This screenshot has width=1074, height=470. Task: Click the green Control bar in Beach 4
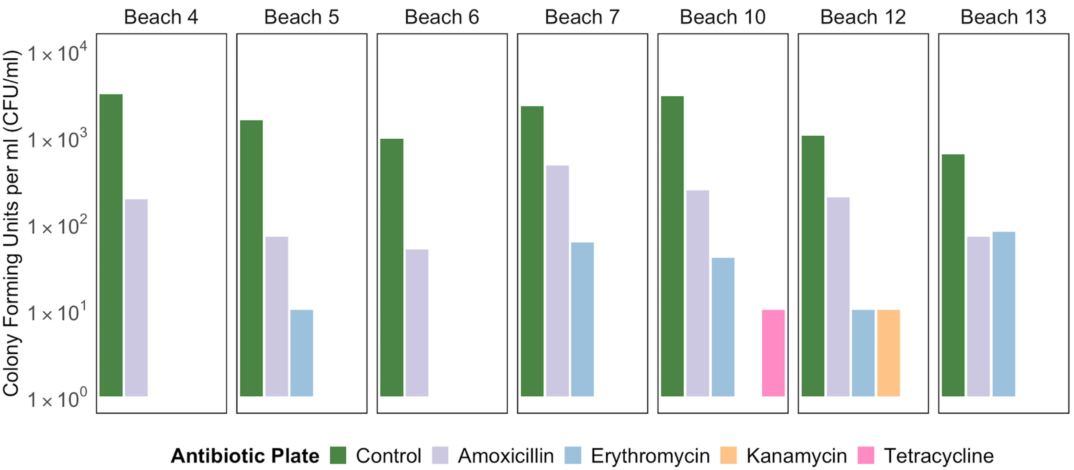(x=111, y=245)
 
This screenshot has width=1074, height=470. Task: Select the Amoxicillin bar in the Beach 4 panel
(x=136, y=298)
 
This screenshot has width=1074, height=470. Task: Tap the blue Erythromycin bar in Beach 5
(x=301, y=353)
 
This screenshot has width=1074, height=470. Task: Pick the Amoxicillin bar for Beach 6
(x=417, y=323)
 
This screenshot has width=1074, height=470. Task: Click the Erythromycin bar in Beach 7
(x=582, y=319)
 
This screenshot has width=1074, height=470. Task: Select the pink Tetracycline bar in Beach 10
(x=773, y=353)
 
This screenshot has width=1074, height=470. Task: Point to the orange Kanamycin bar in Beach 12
(x=888, y=353)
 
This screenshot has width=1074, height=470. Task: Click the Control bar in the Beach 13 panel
(x=953, y=275)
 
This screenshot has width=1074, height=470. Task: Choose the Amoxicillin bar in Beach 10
(x=698, y=293)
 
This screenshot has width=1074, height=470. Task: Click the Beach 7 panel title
(x=582, y=17)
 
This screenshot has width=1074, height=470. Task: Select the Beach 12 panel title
(x=863, y=17)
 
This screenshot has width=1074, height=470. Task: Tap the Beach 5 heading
(x=301, y=17)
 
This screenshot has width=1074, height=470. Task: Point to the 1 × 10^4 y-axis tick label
(x=57, y=53)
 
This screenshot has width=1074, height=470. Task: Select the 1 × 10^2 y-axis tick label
(x=57, y=226)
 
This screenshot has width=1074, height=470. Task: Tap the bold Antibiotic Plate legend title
(x=245, y=456)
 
